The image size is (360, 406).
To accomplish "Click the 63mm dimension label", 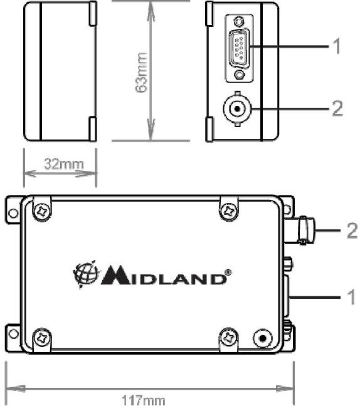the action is pos(142,72).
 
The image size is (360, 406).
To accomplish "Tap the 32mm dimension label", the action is pos(64,164).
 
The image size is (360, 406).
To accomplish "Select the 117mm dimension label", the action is pos(144,400).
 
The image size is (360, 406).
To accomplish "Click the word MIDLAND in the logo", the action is pos(164,276).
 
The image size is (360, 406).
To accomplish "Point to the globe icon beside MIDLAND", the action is pos(86,274).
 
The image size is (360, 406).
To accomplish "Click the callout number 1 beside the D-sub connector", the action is pos(336,46).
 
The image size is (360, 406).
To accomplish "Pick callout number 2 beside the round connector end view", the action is pos(337,108).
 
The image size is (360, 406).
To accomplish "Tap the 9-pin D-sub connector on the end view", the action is pos(239,49).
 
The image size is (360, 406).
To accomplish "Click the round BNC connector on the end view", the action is pos(237,108).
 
